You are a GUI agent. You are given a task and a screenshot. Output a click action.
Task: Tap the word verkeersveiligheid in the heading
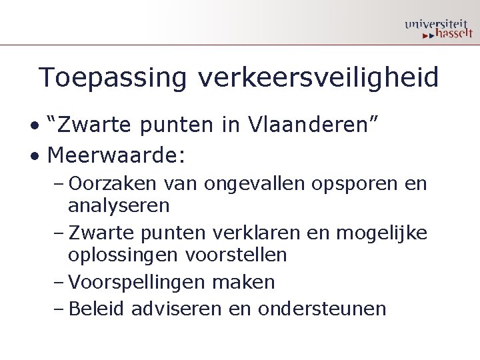click(x=319, y=78)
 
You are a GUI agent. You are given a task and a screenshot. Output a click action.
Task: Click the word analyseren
click(x=119, y=205)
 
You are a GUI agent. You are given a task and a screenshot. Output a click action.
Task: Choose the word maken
click(x=243, y=282)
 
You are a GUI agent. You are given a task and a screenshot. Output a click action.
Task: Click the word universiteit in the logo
click(x=437, y=25)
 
